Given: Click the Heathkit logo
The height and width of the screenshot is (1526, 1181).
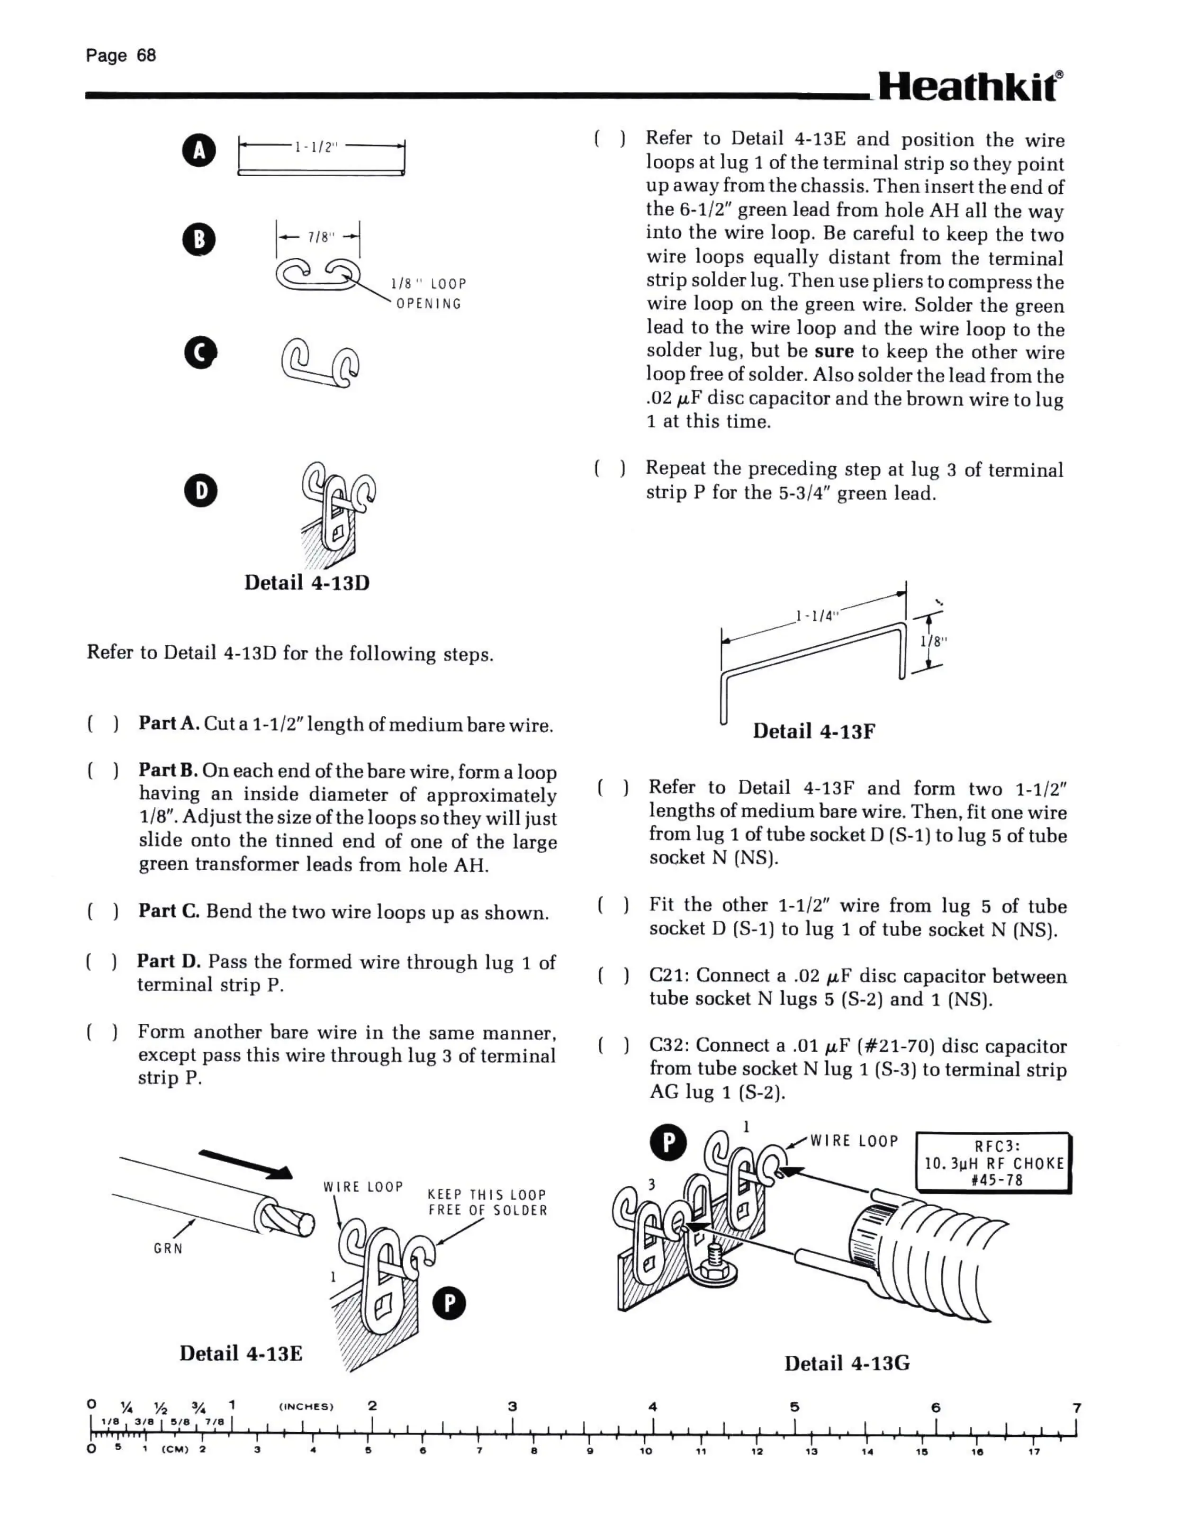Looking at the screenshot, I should [970, 87].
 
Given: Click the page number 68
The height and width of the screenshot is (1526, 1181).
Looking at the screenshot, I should [146, 55].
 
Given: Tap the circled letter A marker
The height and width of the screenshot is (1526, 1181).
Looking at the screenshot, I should [199, 151].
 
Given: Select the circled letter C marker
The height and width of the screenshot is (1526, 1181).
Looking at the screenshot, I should [200, 353].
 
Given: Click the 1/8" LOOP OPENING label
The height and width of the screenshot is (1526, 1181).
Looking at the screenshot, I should [428, 293].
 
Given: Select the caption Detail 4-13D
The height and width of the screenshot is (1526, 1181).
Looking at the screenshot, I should [307, 583].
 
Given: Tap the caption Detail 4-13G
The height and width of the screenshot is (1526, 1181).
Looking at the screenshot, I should [847, 1363].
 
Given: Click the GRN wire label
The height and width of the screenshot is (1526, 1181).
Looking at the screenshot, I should [169, 1248].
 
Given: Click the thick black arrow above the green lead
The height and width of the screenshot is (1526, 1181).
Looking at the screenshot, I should [245, 1164].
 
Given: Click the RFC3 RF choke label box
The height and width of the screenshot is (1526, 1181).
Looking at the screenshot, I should [993, 1162].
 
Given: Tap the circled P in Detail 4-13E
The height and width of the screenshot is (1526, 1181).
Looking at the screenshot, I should [450, 1304].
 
